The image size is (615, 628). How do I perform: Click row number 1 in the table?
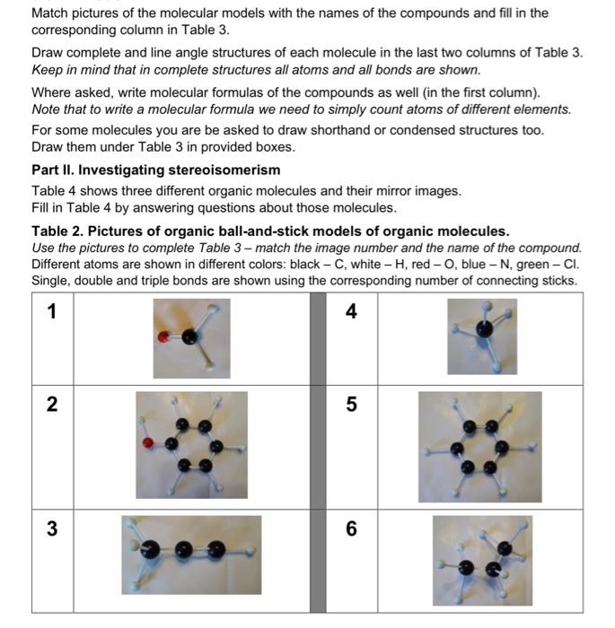tap(52, 311)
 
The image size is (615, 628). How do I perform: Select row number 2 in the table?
tap(52, 405)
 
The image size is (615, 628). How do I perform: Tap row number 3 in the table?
tap(52, 528)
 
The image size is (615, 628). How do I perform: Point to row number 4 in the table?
tap(351, 311)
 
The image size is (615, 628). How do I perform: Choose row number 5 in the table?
tap(351, 405)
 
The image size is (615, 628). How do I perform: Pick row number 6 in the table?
tap(351, 528)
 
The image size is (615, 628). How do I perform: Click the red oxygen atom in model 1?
tap(163, 338)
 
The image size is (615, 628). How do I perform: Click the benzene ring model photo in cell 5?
tap(479, 446)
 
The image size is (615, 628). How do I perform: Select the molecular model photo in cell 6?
tap(481, 562)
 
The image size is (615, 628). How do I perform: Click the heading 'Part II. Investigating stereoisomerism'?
tap(155, 170)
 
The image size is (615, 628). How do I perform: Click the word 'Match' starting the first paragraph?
tap(51, 13)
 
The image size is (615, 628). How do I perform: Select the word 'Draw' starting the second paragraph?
tap(48, 53)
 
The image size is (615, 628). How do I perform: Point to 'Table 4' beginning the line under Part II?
tap(56, 190)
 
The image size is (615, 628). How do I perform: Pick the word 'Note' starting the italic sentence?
tap(48, 109)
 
